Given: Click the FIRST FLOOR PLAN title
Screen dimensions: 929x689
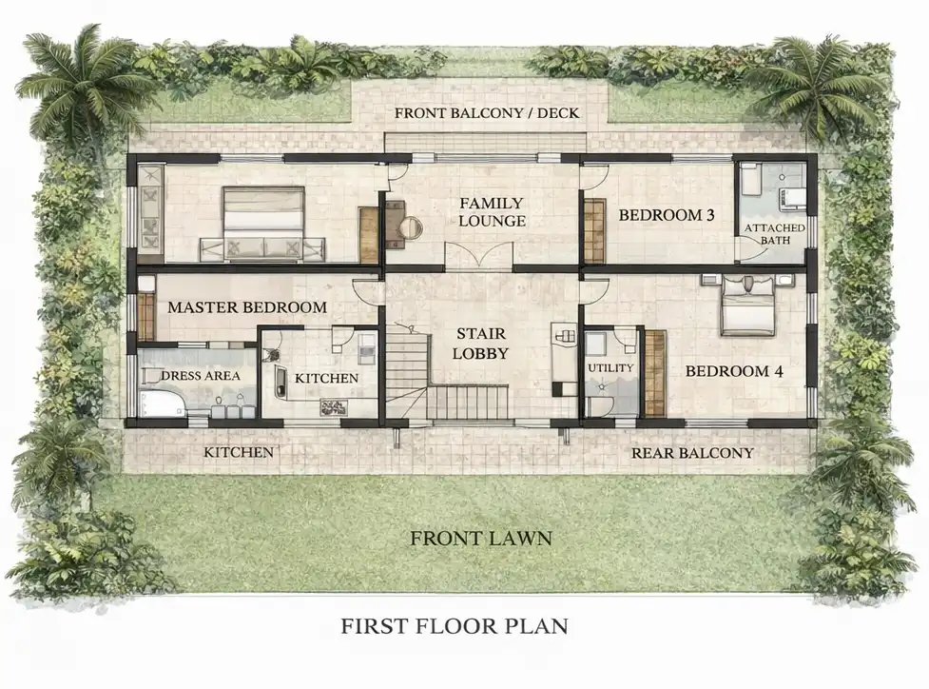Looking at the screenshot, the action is point(455,625).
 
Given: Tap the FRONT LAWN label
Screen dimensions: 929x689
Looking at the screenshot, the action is point(481,539).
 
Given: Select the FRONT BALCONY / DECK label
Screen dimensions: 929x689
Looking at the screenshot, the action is point(487,112).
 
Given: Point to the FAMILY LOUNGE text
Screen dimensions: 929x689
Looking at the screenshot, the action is point(493,211).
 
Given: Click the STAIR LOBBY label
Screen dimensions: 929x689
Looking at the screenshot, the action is point(480,344).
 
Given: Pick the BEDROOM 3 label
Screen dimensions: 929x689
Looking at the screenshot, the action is point(667,215).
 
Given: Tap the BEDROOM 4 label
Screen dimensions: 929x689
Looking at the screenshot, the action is point(734,371).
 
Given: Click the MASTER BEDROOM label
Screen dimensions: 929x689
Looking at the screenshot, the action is point(247,307).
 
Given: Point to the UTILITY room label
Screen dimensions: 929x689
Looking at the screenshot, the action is point(610,367).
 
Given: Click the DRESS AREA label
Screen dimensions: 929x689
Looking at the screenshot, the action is point(201,375).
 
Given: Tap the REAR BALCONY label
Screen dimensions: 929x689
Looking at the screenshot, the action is point(692,453).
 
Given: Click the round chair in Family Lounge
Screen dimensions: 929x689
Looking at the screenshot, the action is point(411,226).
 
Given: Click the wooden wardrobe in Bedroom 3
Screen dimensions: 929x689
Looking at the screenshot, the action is point(594,230).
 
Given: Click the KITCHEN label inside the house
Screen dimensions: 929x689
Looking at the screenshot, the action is point(326,379).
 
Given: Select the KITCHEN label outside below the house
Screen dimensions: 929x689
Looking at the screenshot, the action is point(239,452).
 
